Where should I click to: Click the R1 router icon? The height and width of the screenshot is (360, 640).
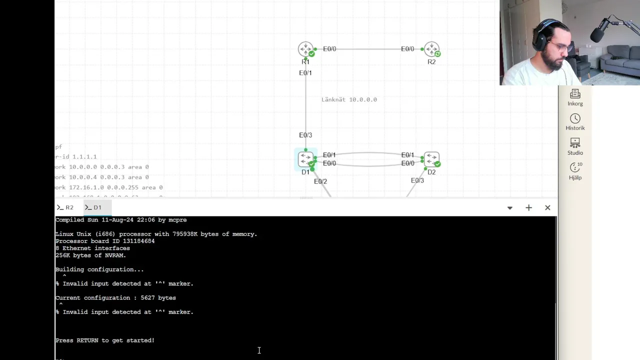point(305,49)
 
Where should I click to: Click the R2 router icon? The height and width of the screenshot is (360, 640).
point(431,49)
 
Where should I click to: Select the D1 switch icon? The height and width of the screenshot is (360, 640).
point(305,159)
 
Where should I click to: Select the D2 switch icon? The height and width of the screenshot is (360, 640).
point(431,159)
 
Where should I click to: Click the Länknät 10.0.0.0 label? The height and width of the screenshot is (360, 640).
point(349,99)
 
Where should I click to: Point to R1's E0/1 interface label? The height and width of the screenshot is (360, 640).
point(305,73)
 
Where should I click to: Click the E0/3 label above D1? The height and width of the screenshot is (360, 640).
point(305,135)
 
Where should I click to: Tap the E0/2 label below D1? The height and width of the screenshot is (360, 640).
point(320,181)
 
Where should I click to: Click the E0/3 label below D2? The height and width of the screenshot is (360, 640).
point(417,180)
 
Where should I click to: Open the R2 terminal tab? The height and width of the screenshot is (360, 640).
point(65,207)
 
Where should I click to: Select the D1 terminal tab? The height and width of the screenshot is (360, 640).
point(93,207)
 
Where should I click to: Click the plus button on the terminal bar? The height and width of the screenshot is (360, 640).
point(528,207)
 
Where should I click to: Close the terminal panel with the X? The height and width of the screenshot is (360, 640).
point(547,207)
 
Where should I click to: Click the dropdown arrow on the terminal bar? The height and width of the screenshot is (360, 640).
point(509,207)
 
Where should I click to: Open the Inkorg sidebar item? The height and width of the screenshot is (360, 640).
point(575,97)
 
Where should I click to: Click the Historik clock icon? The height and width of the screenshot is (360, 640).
point(575,118)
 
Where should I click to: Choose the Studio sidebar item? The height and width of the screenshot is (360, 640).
point(575,147)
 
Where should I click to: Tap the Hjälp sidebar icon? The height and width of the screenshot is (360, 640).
point(575,170)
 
